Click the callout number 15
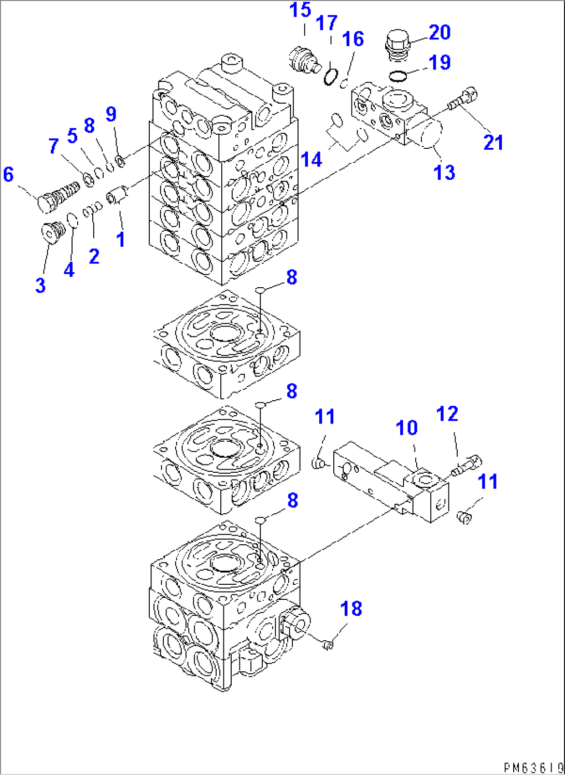(x=300, y=10)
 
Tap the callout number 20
(x=439, y=33)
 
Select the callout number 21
(x=493, y=143)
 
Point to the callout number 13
(x=444, y=173)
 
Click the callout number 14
(x=311, y=160)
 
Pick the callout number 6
(x=8, y=175)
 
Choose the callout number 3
(x=40, y=285)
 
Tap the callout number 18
(x=351, y=609)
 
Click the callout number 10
(x=406, y=428)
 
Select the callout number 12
(x=447, y=414)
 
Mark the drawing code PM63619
(x=533, y=767)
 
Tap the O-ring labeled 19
(x=398, y=76)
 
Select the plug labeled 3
(x=51, y=232)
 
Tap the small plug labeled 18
(x=328, y=645)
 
